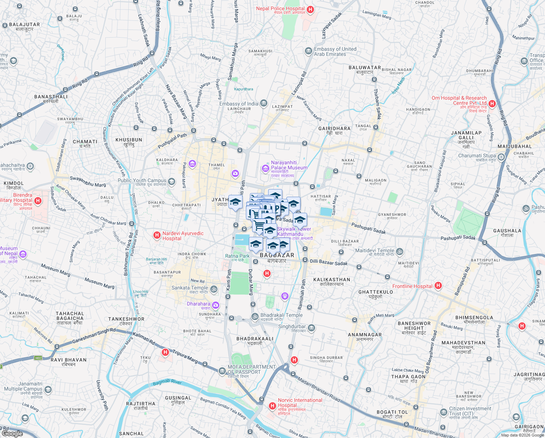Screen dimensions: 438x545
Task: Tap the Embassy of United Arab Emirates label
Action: (x=335, y=51)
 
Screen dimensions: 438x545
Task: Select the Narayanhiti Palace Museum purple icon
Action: (x=265, y=168)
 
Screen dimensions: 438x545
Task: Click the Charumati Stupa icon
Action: (x=501, y=157)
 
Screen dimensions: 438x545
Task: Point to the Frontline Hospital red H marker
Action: (x=438, y=286)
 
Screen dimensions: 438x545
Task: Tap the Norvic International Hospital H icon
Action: (x=272, y=406)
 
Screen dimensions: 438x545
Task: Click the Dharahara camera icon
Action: (x=216, y=305)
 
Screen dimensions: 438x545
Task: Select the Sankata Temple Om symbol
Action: (x=214, y=289)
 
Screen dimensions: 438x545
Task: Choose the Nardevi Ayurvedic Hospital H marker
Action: (x=157, y=235)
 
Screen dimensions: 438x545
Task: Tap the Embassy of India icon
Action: (x=264, y=104)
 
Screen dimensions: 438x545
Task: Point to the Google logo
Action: (x=12, y=433)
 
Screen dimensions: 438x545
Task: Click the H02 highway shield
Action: (x=38, y=358)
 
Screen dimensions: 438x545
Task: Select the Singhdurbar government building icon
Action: (x=311, y=328)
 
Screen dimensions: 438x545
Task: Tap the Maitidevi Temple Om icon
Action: (x=400, y=251)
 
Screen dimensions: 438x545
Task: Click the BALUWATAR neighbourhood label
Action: (x=365, y=68)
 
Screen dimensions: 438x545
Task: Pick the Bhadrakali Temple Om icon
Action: (x=255, y=316)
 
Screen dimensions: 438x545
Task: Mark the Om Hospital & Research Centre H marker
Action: (x=492, y=104)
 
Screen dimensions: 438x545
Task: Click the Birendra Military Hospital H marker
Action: (x=38, y=201)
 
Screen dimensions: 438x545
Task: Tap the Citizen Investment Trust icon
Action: (x=443, y=412)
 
